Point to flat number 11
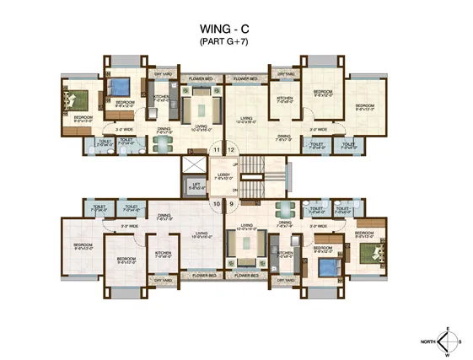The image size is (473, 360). click(217, 150)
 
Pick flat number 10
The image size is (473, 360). click(217, 203)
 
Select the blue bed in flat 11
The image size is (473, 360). click(119, 87)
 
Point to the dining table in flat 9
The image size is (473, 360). click(285, 210)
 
